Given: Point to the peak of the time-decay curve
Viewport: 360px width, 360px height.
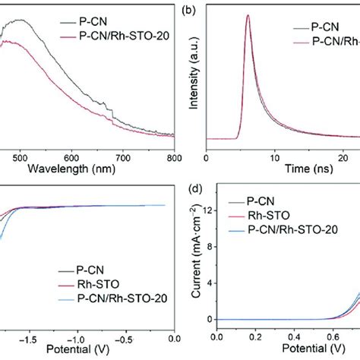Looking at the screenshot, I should tap(247, 15).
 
